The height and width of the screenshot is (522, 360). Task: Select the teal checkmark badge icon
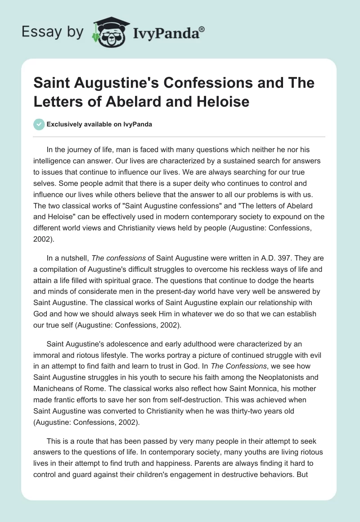click(x=39, y=124)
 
